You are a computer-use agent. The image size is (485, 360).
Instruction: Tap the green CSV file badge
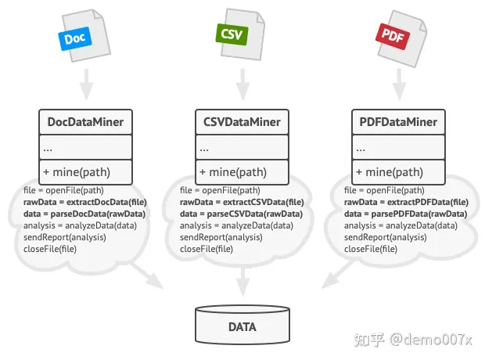pos(232,34)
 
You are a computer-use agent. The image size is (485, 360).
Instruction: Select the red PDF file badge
pos(389,34)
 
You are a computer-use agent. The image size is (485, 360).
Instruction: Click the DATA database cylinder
pos(242,326)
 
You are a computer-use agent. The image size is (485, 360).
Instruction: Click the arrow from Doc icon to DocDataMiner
pos(86,81)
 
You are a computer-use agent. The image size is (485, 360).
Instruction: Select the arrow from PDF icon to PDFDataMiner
pos(398,81)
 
